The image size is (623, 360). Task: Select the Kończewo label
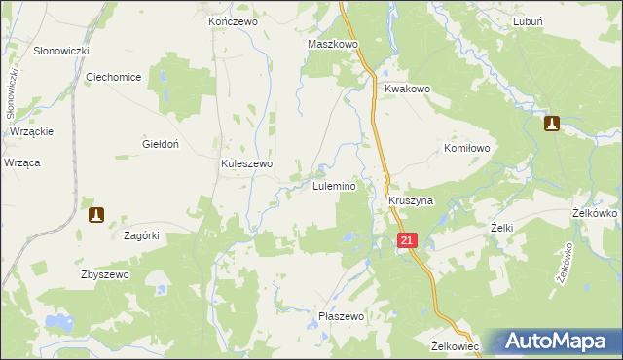click(x=231, y=20)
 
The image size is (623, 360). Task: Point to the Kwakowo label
click(x=407, y=89)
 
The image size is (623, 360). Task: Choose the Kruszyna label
click(x=410, y=200)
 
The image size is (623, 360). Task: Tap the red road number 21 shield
click(x=408, y=239)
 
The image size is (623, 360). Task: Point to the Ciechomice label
click(x=114, y=77)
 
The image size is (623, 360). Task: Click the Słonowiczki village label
click(x=61, y=51)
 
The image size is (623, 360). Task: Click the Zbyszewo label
click(x=105, y=275)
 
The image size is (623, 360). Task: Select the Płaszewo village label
click(x=341, y=317)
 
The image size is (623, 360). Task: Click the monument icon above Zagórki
click(x=96, y=214)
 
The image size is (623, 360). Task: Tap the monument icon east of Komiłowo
click(x=551, y=124)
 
